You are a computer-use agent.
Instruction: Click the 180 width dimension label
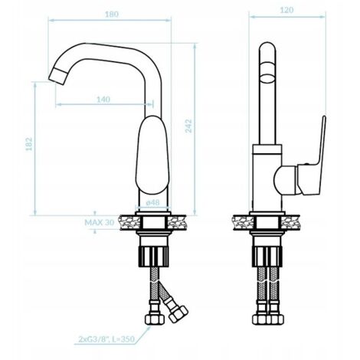(x=112, y=15)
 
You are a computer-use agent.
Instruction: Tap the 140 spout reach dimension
(x=103, y=100)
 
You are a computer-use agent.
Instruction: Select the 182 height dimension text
(x=29, y=144)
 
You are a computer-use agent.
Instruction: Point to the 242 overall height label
(x=188, y=126)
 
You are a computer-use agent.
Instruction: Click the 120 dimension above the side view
(x=286, y=10)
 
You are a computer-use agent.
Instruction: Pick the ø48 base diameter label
(x=152, y=202)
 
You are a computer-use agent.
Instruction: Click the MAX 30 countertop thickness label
(x=100, y=223)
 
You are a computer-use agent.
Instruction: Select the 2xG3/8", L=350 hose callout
(x=106, y=339)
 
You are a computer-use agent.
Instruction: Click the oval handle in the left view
(x=152, y=155)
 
